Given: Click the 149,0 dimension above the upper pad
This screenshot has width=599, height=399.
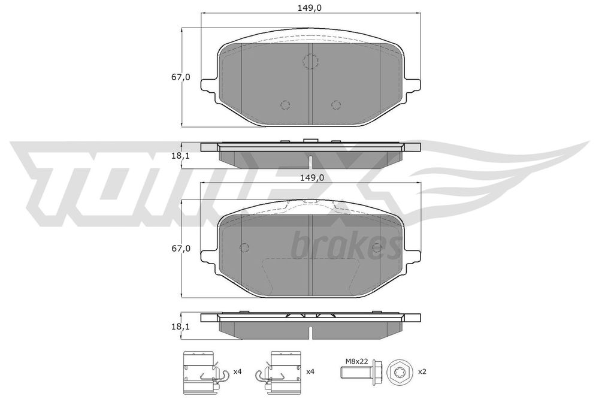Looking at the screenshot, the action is coord(310,7).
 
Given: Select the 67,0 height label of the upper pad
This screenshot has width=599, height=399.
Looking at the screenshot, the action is coord(180,77).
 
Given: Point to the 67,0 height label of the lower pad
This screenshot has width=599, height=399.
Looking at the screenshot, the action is coord(180,249).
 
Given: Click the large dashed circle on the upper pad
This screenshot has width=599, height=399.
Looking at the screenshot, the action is coord(310,61).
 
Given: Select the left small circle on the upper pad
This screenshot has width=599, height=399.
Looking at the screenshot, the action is coord(285,105).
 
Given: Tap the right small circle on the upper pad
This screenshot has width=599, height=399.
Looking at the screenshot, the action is coord(336,105).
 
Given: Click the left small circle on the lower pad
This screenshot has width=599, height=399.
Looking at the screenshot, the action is coord(244,247).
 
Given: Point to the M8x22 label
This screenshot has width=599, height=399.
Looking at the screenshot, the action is coord(357,361).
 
